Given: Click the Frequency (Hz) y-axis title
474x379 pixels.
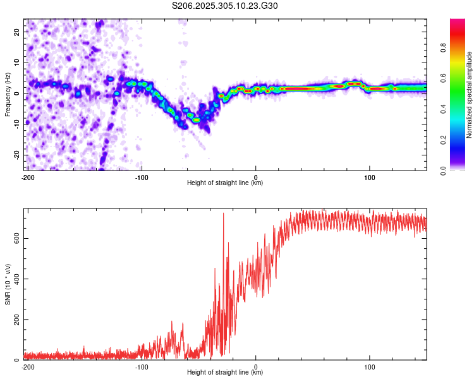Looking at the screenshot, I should tap(8, 93).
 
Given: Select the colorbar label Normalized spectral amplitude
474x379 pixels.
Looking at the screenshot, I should tap(469, 93).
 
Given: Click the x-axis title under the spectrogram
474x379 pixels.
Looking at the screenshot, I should tap(225, 183).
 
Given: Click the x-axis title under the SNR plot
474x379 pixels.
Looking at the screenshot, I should tap(225, 372).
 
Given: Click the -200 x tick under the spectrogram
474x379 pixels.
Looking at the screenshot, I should tap(27, 177).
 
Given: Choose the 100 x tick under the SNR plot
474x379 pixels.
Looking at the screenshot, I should tap(370, 366).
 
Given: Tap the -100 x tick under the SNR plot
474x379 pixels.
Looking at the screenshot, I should tap(141, 366).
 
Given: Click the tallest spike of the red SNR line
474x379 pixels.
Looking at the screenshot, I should tap(223, 214).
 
